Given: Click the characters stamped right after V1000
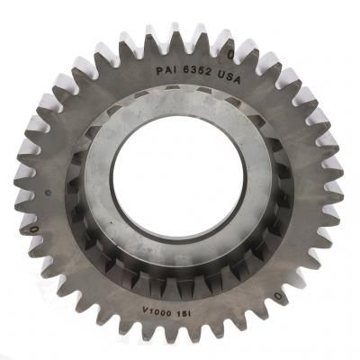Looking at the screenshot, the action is (x=184, y=313).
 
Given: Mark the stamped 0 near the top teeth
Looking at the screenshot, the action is (x=230, y=54).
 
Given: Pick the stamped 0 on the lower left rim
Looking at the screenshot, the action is (x=35, y=229).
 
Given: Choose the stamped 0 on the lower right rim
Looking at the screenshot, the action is (x=278, y=296).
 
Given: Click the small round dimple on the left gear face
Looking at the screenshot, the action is (x=47, y=192).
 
